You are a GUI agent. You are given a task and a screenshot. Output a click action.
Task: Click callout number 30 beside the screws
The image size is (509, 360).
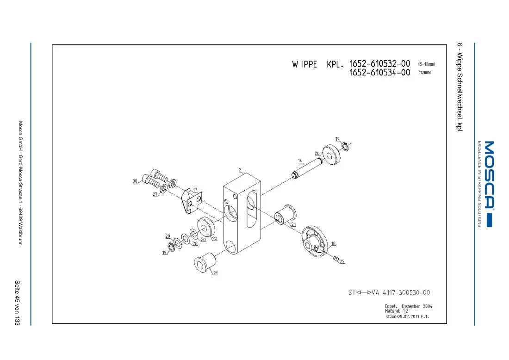[135, 181]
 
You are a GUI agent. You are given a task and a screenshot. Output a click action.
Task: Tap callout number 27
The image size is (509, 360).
[155, 194]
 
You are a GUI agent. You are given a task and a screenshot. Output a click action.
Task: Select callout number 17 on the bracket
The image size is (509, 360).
[195, 190]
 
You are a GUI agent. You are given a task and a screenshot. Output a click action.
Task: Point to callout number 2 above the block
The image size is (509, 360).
[240, 170]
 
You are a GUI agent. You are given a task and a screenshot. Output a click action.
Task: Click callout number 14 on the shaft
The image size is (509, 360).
[300, 161]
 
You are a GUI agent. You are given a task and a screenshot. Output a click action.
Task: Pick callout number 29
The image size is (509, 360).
[168, 236]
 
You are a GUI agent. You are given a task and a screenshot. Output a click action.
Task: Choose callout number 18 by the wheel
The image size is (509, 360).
[333, 243]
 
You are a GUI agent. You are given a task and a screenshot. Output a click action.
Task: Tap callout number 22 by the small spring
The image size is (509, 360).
[342, 261]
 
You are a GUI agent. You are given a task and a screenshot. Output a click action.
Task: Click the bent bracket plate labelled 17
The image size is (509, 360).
[191, 201]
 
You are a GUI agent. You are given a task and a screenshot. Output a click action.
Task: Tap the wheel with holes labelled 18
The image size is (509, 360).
[315, 242]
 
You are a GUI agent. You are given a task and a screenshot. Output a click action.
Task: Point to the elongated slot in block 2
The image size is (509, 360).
[252, 209]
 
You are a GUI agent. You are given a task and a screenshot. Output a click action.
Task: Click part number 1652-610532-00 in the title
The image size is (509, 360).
[380, 64]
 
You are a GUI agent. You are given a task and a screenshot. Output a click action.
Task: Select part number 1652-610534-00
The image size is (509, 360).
[380, 72]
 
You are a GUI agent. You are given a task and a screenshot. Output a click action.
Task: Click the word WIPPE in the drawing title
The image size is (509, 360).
[304, 64]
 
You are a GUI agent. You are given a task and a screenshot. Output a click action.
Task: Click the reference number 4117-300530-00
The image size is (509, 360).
[406, 292]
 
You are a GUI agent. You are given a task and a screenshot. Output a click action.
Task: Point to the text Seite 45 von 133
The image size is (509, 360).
[17, 303]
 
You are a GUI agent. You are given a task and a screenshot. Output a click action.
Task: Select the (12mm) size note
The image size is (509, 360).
[425, 72]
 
